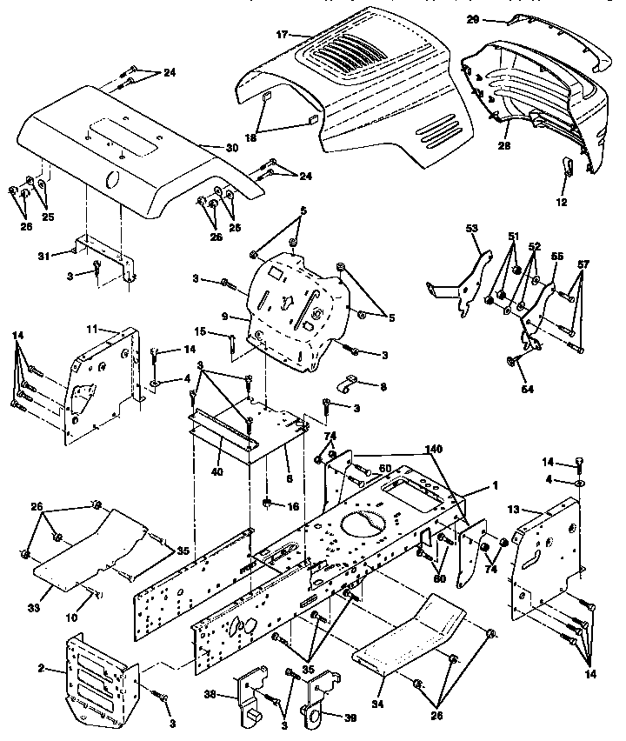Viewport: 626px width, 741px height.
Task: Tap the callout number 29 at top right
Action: pos(496,18)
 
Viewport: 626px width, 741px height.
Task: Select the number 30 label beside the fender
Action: pos(230,148)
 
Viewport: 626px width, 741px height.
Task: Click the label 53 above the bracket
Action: pos(473,228)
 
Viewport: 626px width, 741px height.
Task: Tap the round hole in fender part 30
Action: pos(112,180)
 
